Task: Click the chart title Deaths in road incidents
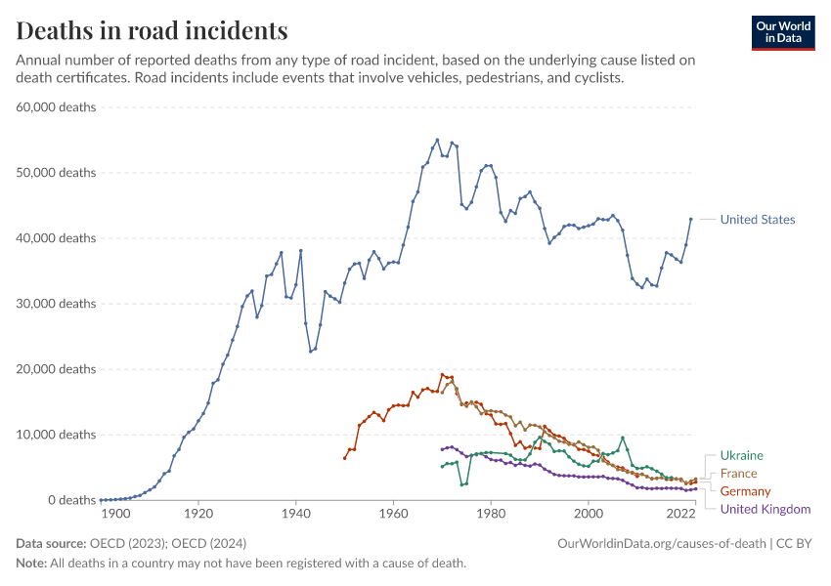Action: click(x=153, y=30)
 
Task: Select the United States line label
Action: click(x=757, y=220)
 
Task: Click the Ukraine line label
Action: click(x=741, y=455)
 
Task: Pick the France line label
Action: click(x=738, y=474)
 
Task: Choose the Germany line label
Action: click(x=745, y=491)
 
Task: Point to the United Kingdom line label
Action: click(x=765, y=509)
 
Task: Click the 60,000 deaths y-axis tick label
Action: click(x=56, y=106)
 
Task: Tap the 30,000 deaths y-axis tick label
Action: click(x=56, y=304)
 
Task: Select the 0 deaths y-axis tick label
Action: click(x=68, y=500)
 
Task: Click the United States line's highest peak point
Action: click(x=437, y=140)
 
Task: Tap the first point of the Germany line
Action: click(x=344, y=458)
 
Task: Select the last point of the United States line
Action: click(x=691, y=219)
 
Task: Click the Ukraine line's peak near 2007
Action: click(x=622, y=438)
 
